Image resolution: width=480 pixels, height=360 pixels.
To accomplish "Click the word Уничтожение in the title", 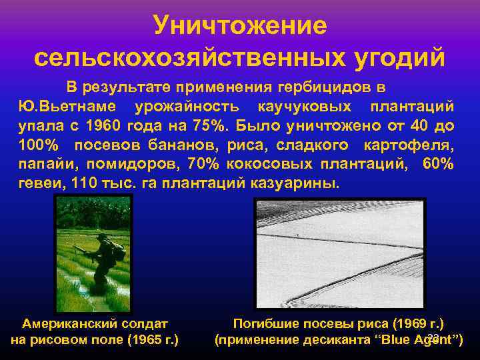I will pos(240,25).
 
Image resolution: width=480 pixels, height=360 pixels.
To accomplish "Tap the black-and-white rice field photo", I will pos(339,253).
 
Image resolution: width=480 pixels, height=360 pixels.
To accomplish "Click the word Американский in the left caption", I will pos(66,325).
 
